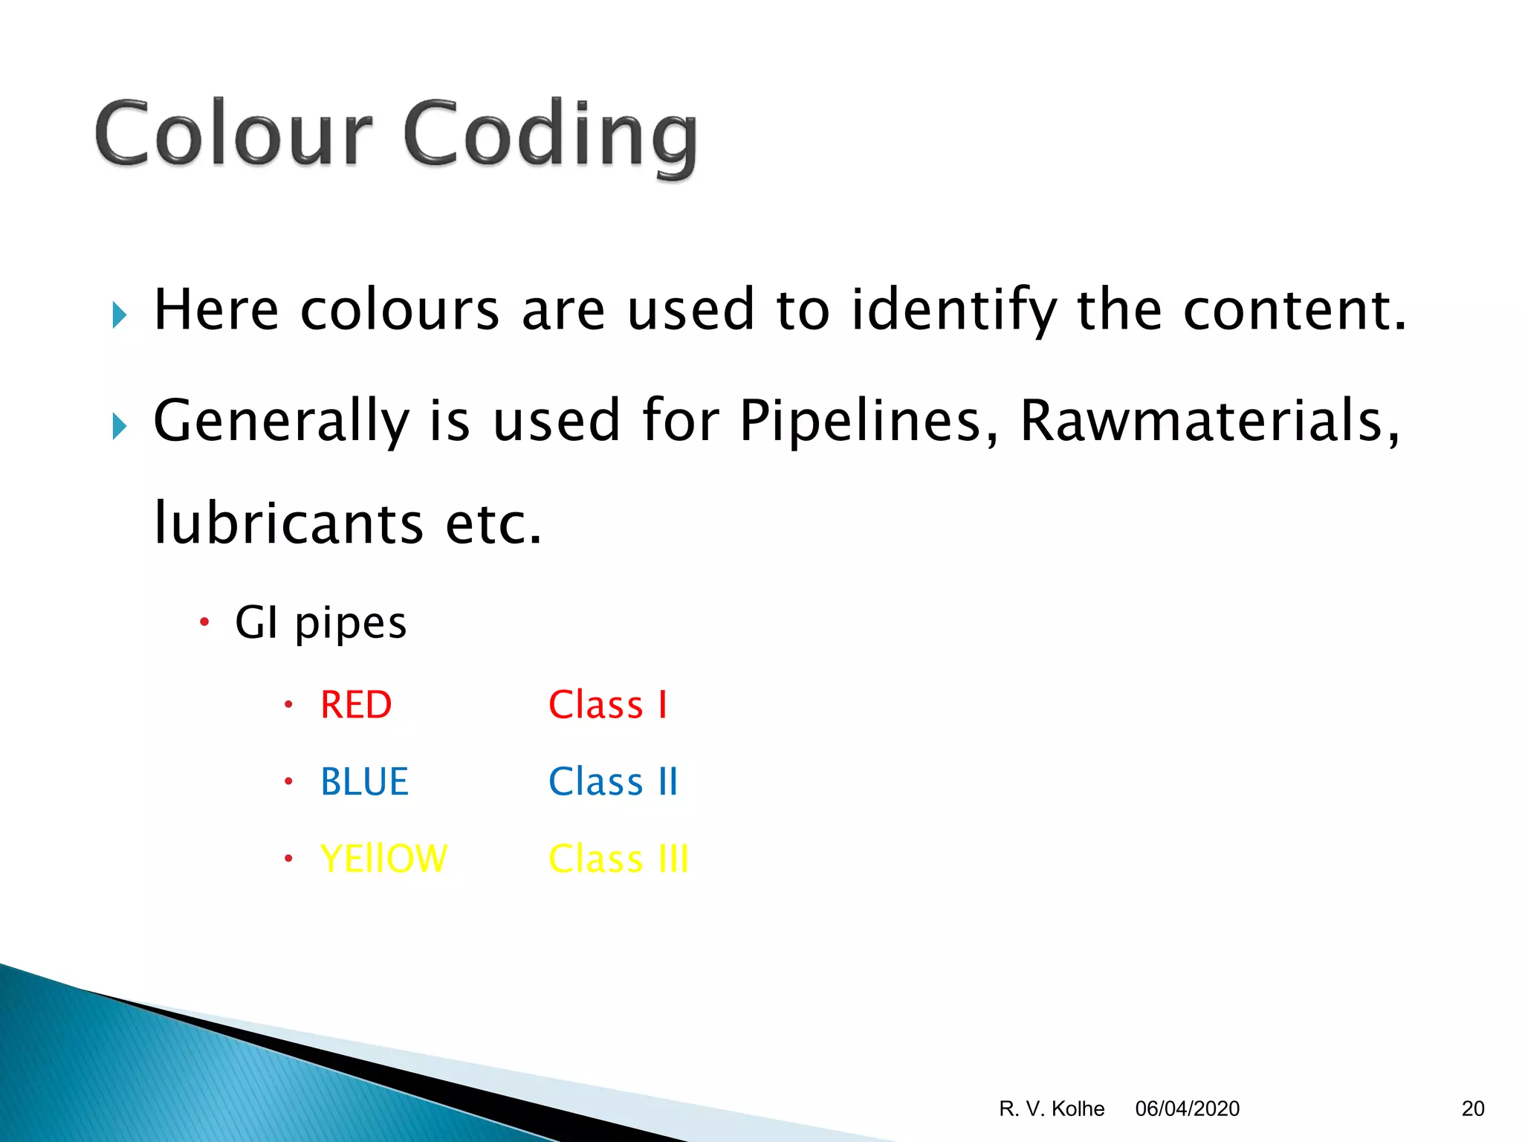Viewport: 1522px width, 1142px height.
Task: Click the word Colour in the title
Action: (233, 134)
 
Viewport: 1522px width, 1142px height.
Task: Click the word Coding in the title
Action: (550, 136)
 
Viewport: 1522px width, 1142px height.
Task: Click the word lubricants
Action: (288, 523)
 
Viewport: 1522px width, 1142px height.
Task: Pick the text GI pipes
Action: (320, 623)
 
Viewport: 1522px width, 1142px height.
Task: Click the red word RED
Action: (356, 705)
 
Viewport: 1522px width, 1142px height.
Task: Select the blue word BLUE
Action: (364, 782)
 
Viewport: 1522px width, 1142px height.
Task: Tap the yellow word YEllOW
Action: (383, 859)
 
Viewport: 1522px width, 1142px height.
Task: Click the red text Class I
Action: (608, 705)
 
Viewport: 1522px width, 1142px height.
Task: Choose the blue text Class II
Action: (613, 782)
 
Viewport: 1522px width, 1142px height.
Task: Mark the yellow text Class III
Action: (618, 859)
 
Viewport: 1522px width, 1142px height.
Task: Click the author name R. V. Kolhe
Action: (1052, 1109)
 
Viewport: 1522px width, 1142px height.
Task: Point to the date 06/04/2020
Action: (1187, 1109)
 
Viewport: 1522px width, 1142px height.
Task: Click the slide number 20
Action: (1472, 1109)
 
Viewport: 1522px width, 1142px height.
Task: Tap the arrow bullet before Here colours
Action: (120, 315)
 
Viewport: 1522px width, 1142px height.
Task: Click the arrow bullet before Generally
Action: (120, 427)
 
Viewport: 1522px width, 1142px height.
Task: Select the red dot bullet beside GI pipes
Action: (205, 622)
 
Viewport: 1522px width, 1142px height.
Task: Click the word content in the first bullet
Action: (1294, 309)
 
